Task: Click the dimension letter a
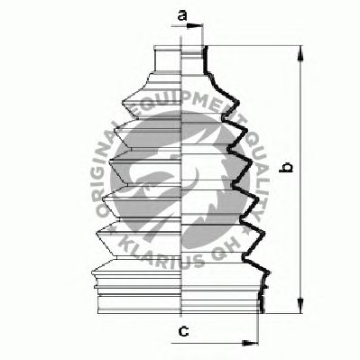tap(182, 14)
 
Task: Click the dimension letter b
tap(285, 168)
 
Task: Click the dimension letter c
tap(183, 331)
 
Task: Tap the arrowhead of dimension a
tap(193, 26)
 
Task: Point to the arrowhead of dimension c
tap(250, 343)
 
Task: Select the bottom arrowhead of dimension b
tap(300, 306)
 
